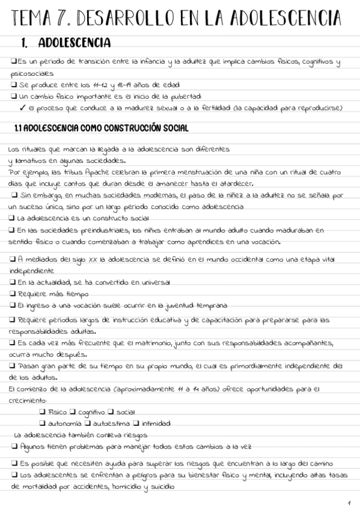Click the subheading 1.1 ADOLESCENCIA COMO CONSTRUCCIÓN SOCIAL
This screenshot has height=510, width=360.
[x=101, y=128]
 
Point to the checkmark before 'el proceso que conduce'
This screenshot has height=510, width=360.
[x=22, y=108]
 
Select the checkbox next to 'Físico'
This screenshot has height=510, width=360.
[x=42, y=412]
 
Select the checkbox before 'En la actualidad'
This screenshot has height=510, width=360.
[x=13, y=281]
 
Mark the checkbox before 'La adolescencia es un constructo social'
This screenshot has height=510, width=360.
[x=13, y=218]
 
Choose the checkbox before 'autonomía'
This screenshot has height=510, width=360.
[x=42, y=423]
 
